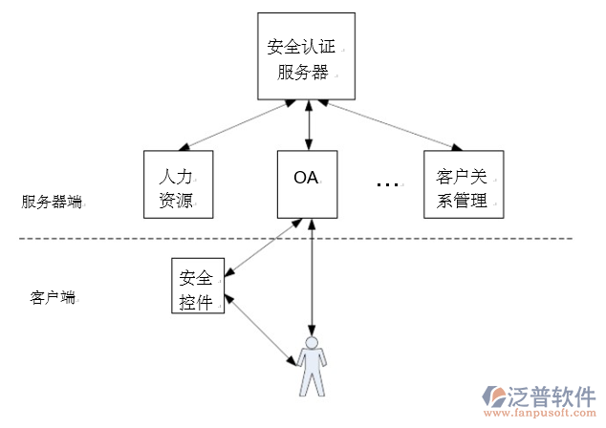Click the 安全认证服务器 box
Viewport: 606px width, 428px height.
click(307, 56)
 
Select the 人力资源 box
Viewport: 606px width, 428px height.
click(176, 183)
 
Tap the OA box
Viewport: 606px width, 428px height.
click(307, 182)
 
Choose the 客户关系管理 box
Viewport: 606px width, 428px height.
click(463, 183)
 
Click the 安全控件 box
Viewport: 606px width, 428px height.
click(199, 286)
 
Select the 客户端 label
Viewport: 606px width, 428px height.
click(53, 297)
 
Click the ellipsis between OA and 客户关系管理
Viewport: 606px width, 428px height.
click(386, 182)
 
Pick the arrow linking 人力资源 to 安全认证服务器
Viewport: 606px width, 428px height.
click(240, 123)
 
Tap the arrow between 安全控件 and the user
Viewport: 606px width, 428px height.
click(259, 330)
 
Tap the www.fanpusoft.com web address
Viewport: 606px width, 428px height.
click(540, 417)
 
